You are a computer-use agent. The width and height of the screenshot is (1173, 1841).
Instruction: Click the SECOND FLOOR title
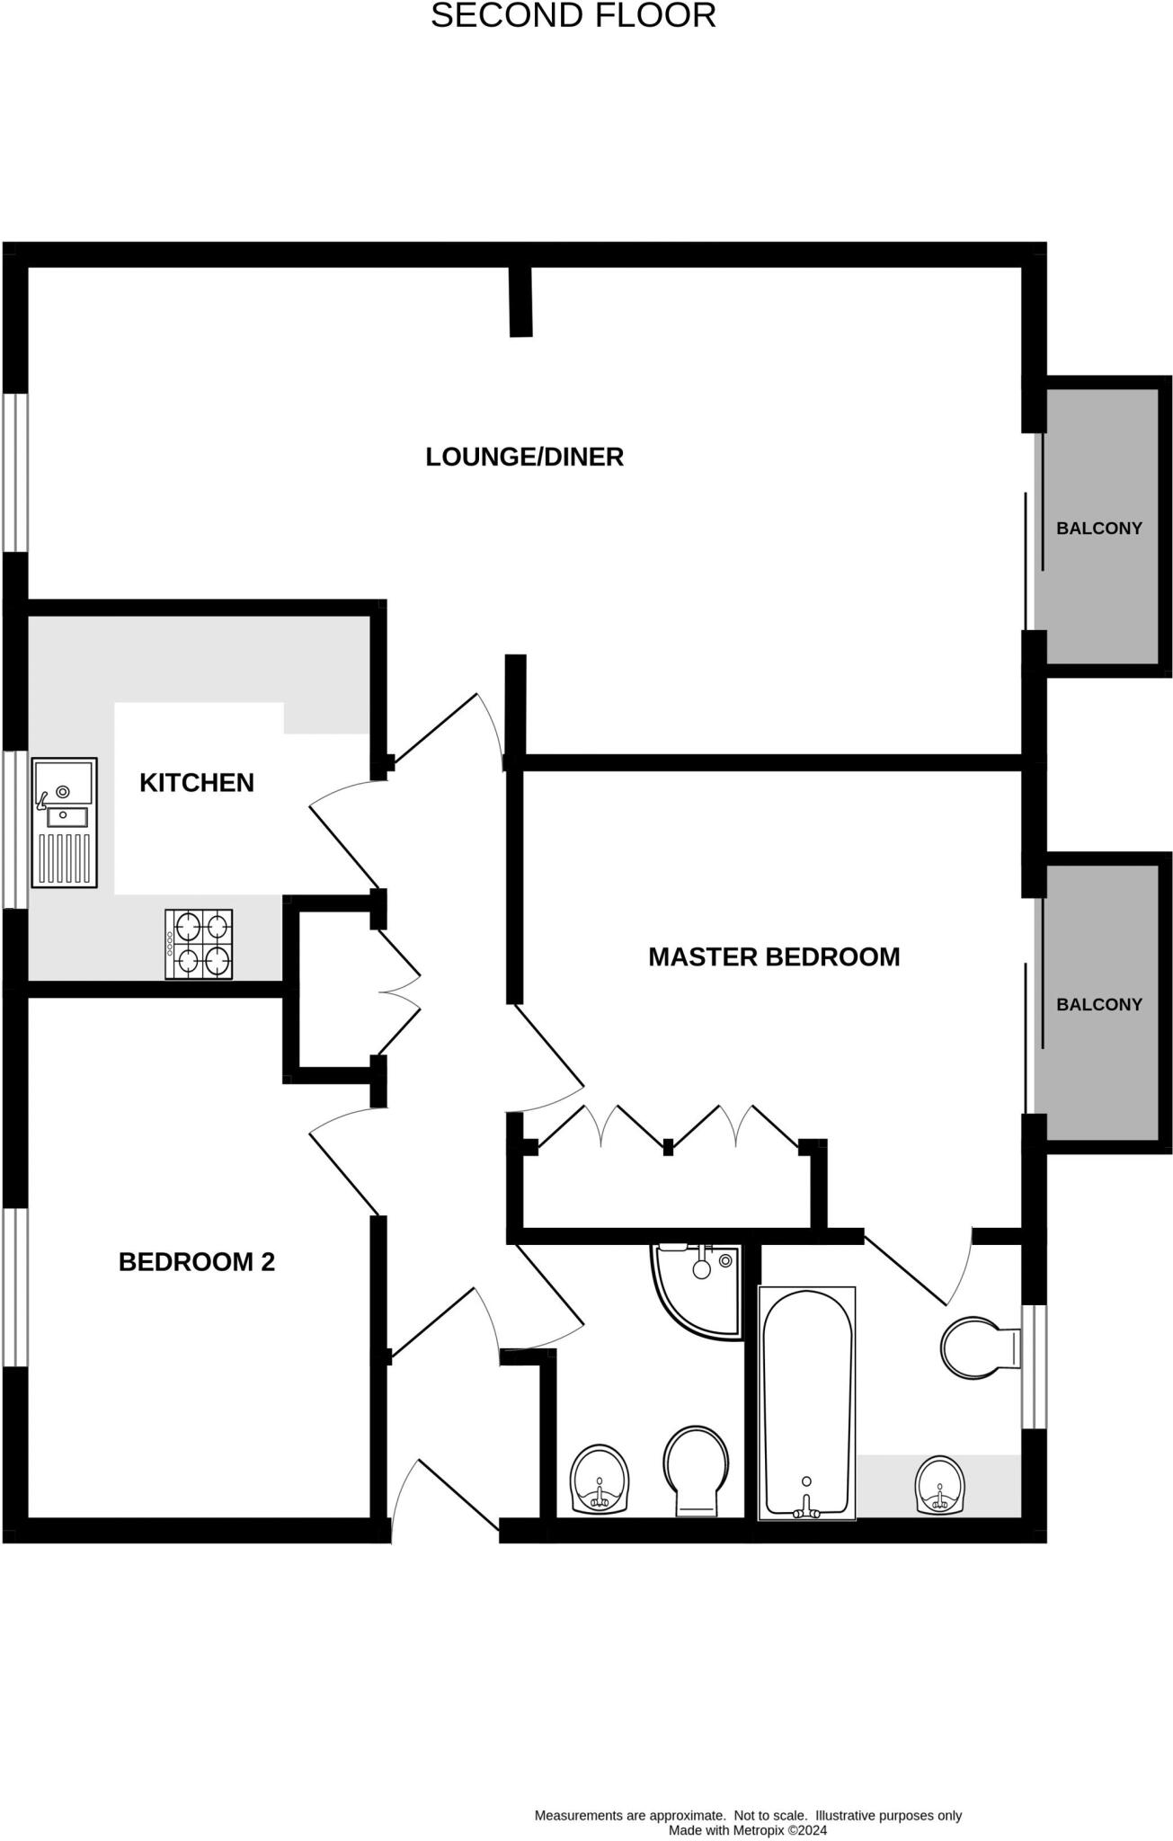click(x=573, y=16)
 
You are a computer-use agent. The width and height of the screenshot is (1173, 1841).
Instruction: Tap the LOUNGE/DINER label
click(x=524, y=457)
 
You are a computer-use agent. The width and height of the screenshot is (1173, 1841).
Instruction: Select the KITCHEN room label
click(x=196, y=782)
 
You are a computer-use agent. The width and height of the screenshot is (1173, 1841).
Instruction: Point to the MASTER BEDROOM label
click(x=773, y=956)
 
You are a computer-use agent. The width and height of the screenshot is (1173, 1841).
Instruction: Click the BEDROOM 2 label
click(x=196, y=1261)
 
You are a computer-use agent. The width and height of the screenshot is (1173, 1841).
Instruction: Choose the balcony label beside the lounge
click(x=1098, y=529)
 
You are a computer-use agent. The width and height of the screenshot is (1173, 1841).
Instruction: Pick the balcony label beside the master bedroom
click(x=1098, y=1004)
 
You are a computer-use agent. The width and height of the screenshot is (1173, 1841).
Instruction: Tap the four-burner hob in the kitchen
click(x=199, y=944)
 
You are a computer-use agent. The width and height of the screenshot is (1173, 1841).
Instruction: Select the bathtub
click(x=806, y=1402)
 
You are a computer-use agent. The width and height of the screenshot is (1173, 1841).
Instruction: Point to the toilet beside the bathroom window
click(x=978, y=1348)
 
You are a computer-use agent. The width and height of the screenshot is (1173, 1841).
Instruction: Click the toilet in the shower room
click(x=696, y=1471)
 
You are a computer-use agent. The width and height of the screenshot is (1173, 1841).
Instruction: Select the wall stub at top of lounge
click(x=520, y=302)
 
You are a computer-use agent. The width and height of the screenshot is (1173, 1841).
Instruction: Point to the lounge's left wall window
click(x=15, y=471)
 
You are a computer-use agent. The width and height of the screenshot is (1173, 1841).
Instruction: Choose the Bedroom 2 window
click(x=15, y=1287)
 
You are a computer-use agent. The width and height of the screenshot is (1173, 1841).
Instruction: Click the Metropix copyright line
click(x=747, y=1829)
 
